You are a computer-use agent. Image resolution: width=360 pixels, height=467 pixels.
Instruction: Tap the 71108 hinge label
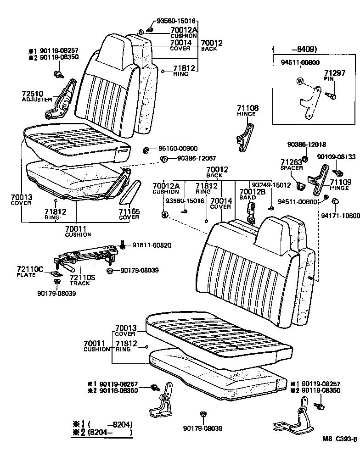pyautogui.click(x=247, y=109)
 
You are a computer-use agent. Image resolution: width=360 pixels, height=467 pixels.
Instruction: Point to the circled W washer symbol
pyautogui.click(x=300, y=81)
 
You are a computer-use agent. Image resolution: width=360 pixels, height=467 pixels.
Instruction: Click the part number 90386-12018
pyautogui.click(x=307, y=145)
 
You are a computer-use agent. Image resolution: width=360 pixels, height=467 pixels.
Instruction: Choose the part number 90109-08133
pyautogui.click(x=336, y=156)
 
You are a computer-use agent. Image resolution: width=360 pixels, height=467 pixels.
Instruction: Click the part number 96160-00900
pyautogui.click(x=178, y=149)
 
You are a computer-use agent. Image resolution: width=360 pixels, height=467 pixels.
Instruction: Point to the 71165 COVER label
pyautogui.click(x=129, y=212)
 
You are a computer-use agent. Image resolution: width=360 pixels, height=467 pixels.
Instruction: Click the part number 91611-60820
pyautogui.click(x=152, y=245)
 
